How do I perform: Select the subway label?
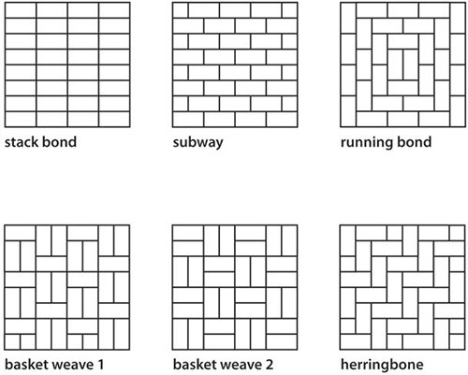(x=197, y=143)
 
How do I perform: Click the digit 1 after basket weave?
(x=99, y=365)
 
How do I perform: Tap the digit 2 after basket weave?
(x=269, y=365)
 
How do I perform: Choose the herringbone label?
(x=382, y=365)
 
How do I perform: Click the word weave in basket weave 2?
(x=241, y=365)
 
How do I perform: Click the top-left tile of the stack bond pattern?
(x=21, y=10)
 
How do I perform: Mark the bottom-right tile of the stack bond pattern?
(x=114, y=119)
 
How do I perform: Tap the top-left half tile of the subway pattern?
(x=181, y=10)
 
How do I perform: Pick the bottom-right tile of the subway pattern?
(x=282, y=119)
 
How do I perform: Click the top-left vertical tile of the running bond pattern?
(x=348, y=18)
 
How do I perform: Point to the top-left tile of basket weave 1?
(x=21, y=233)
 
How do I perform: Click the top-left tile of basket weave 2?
(x=188, y=233)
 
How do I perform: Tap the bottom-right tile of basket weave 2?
(x=282, y=341)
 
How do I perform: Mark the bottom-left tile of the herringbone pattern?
(x=356, y=341)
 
